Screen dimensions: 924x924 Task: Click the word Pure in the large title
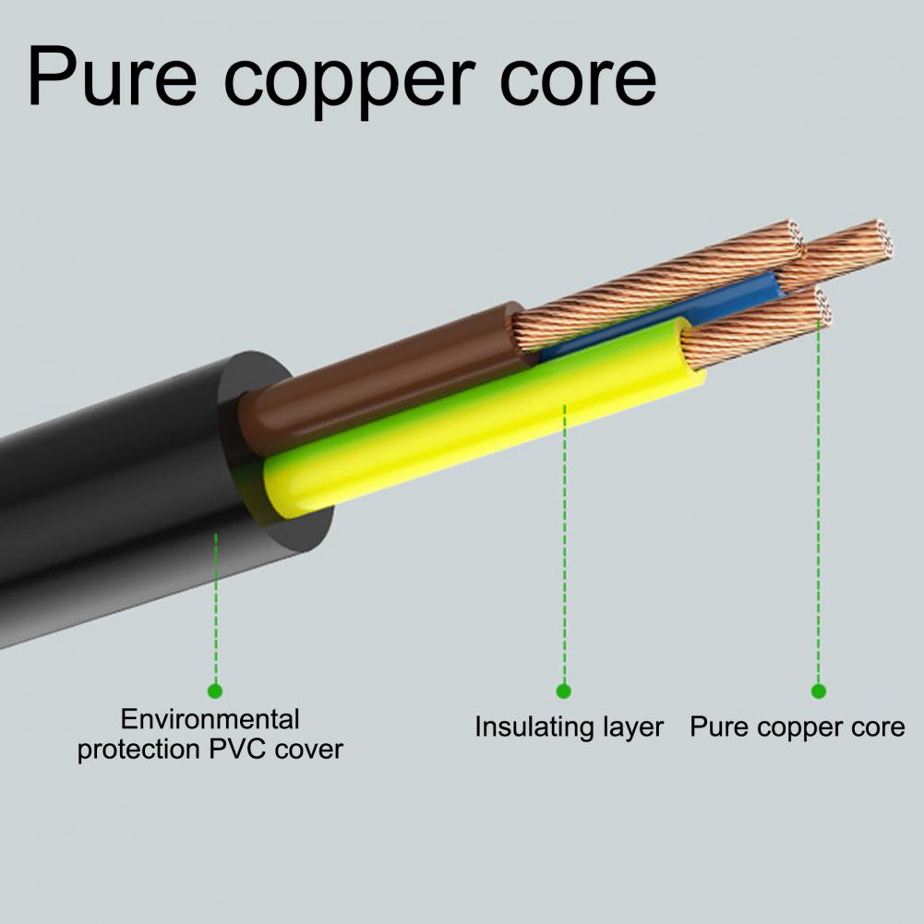point(112,77)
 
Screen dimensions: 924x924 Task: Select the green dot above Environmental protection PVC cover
point(215,690)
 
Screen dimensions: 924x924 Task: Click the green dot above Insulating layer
point(564,690)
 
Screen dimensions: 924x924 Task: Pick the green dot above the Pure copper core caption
point(819,690)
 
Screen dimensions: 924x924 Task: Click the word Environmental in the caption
point(210,719)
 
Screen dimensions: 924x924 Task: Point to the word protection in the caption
point(139,750)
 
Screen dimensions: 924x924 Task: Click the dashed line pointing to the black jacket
point(216,608)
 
